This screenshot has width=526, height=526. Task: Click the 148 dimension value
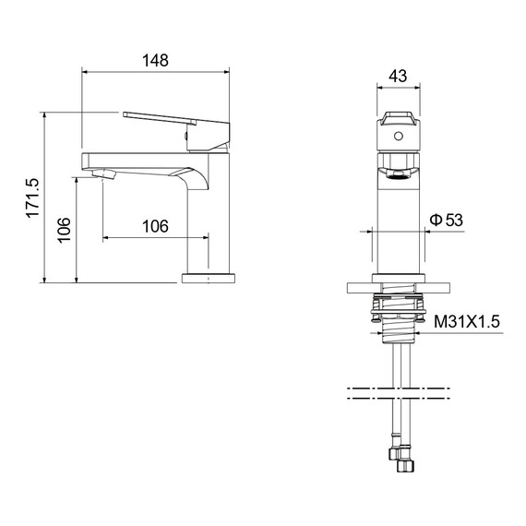(155, 61)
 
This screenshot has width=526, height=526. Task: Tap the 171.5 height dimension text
(33, 198)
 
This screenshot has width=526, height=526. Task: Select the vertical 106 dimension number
(64, 230)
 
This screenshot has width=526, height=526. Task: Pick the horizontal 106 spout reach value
(155, 226)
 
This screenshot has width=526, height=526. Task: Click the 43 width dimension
(398, 77)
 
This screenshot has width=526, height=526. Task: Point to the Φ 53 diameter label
(446, 220)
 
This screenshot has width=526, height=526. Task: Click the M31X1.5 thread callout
(467, 322)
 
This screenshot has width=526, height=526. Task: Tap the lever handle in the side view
(176, 131)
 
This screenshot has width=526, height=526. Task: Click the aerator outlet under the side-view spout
(103, 173)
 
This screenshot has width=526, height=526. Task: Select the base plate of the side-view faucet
(209, 279)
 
